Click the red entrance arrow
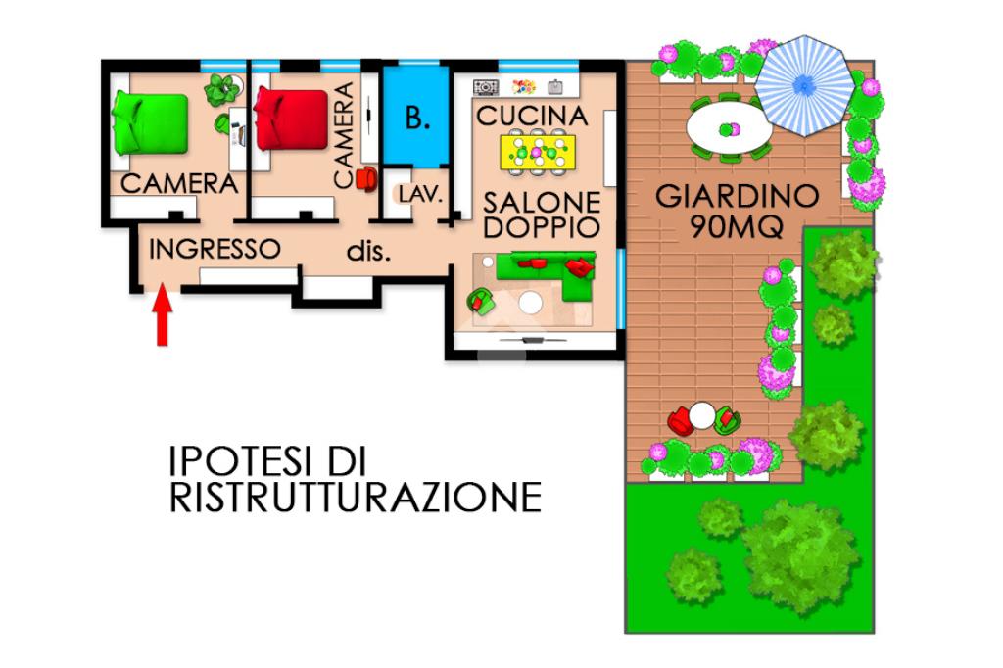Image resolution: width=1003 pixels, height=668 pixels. [x=163, y=314]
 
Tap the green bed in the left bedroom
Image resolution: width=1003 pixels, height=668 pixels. [x=150, y=123]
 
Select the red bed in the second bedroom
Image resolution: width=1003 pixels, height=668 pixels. [x=291, y=119]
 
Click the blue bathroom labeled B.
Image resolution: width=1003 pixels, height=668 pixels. [x=416, y=117]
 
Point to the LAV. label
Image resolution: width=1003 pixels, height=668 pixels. [x=420, y=194]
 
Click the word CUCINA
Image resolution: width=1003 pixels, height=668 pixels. [x=532, y=116]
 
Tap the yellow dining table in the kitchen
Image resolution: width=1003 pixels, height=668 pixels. [x=538, y=152]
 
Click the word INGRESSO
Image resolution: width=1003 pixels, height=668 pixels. [x=215, y=249]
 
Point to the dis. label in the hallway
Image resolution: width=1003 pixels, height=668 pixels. [x=368, y=252]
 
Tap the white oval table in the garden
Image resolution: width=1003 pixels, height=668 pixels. [x=729, y=129]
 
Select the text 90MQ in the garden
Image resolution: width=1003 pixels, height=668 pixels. [x=738, y=226]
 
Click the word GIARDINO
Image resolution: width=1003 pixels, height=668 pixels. [x=738, y=196]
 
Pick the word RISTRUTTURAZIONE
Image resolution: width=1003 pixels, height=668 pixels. [x=356, y=498]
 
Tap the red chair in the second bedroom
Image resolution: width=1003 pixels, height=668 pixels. [x=366, y=179]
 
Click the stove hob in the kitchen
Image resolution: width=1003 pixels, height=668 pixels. [x=486, y=86]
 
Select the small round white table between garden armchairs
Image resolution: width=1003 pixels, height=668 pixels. [x=702, y=415]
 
